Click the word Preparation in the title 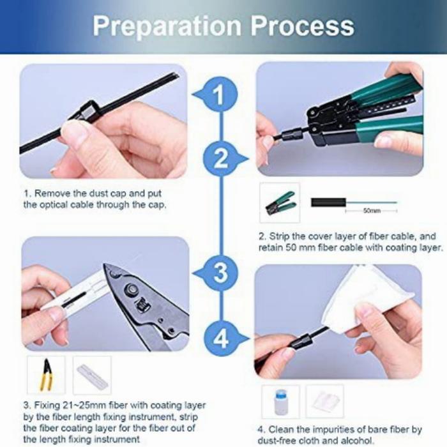coord(167,27)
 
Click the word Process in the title coord(303,26)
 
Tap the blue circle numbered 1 coord(220,95)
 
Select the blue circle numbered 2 coord(220,159)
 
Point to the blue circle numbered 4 coord(221,338)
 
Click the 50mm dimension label coord(372,211)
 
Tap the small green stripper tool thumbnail coord(280,202)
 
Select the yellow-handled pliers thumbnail coord(47,375)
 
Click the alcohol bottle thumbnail coord(280,401)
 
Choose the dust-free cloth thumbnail coord(325,401)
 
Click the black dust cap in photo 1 coord(85,112)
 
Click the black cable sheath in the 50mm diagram coord(328,202)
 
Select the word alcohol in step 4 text coord(356,440)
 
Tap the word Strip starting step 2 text coord(277,237)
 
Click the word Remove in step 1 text coord(52,193)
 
